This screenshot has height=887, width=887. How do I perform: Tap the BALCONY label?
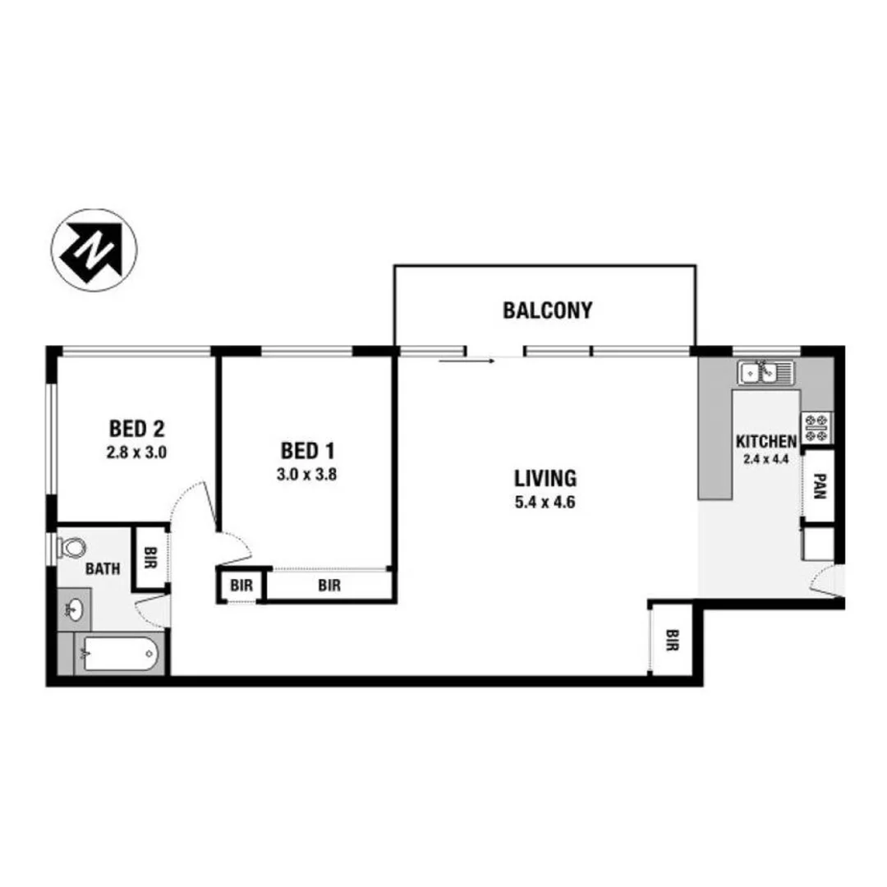point(548,310)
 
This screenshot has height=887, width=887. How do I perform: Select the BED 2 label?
point(137,428)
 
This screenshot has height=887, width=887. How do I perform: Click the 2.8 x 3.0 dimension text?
point(137,451)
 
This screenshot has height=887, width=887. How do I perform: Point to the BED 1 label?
point(307,450)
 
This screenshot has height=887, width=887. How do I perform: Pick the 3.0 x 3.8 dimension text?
point(308,473)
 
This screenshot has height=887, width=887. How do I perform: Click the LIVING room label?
point(545,477)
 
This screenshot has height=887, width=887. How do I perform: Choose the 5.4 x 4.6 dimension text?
point(545,502)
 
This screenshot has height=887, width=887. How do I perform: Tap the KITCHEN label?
point(766,441)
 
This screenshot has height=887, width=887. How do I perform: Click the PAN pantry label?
point(820,489)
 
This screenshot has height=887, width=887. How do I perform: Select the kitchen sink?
point(767,373)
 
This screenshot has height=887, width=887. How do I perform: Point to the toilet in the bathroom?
point(71,547)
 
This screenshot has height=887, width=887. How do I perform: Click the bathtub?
point(120,655)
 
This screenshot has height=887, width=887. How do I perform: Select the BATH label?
point(103,568)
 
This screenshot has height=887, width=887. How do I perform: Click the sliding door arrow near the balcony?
point(466,360)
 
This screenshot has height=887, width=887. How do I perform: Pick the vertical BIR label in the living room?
point(673,640)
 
